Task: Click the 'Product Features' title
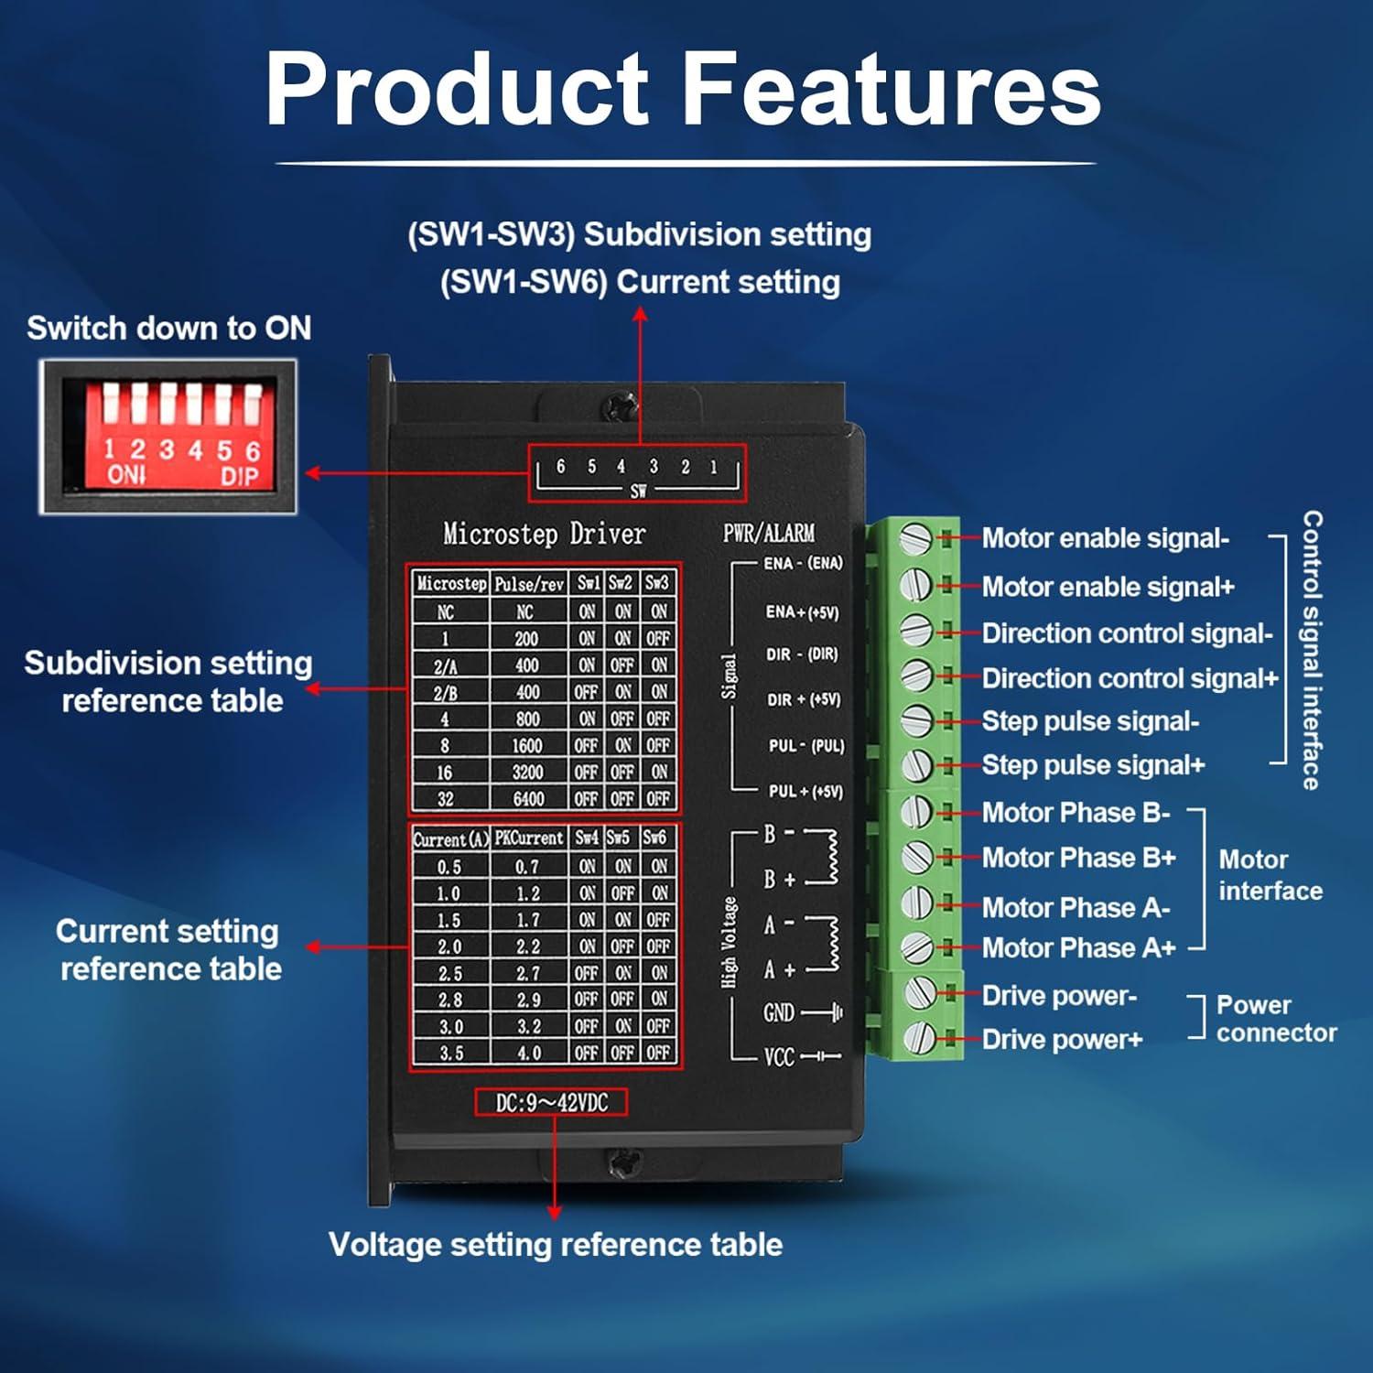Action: [683, 90]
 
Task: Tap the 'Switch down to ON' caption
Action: [168, 328]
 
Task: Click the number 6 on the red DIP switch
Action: [253, 450]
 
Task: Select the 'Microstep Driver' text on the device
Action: [544, 534]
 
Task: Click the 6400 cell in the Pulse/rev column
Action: [528, 798]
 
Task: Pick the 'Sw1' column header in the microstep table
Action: [588, 583]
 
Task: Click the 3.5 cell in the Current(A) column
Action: [449, 1053]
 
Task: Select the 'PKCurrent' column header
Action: [529, 838]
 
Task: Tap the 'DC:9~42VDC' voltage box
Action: [551, 1103]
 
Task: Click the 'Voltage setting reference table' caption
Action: [555, 1245]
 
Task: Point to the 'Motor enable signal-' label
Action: [1105, 538]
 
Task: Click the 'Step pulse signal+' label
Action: [1093, 765]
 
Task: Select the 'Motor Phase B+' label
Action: [1078, 858]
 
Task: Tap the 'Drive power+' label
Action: [1062, 1040]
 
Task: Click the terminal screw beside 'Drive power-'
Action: [918, 992]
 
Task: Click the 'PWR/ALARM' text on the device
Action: [768, 533]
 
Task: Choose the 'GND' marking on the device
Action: [779, 1012]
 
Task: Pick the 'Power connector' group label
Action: [1275, 1019]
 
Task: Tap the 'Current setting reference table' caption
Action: [168, 949]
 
